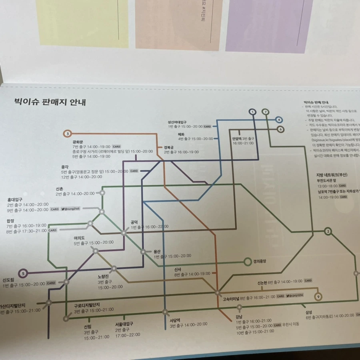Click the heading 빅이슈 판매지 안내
click(50, 102)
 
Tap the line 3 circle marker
click(68, 133)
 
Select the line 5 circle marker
click(23, 274)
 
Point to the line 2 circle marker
click(328, 231)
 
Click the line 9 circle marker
click(318, 296)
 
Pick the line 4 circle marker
click(278, 120)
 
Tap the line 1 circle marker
click(252, 112)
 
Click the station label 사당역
click(176, 320)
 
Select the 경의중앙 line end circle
click(247, 262)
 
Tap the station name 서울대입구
click(124, 324)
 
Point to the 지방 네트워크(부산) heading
click(332, 175)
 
